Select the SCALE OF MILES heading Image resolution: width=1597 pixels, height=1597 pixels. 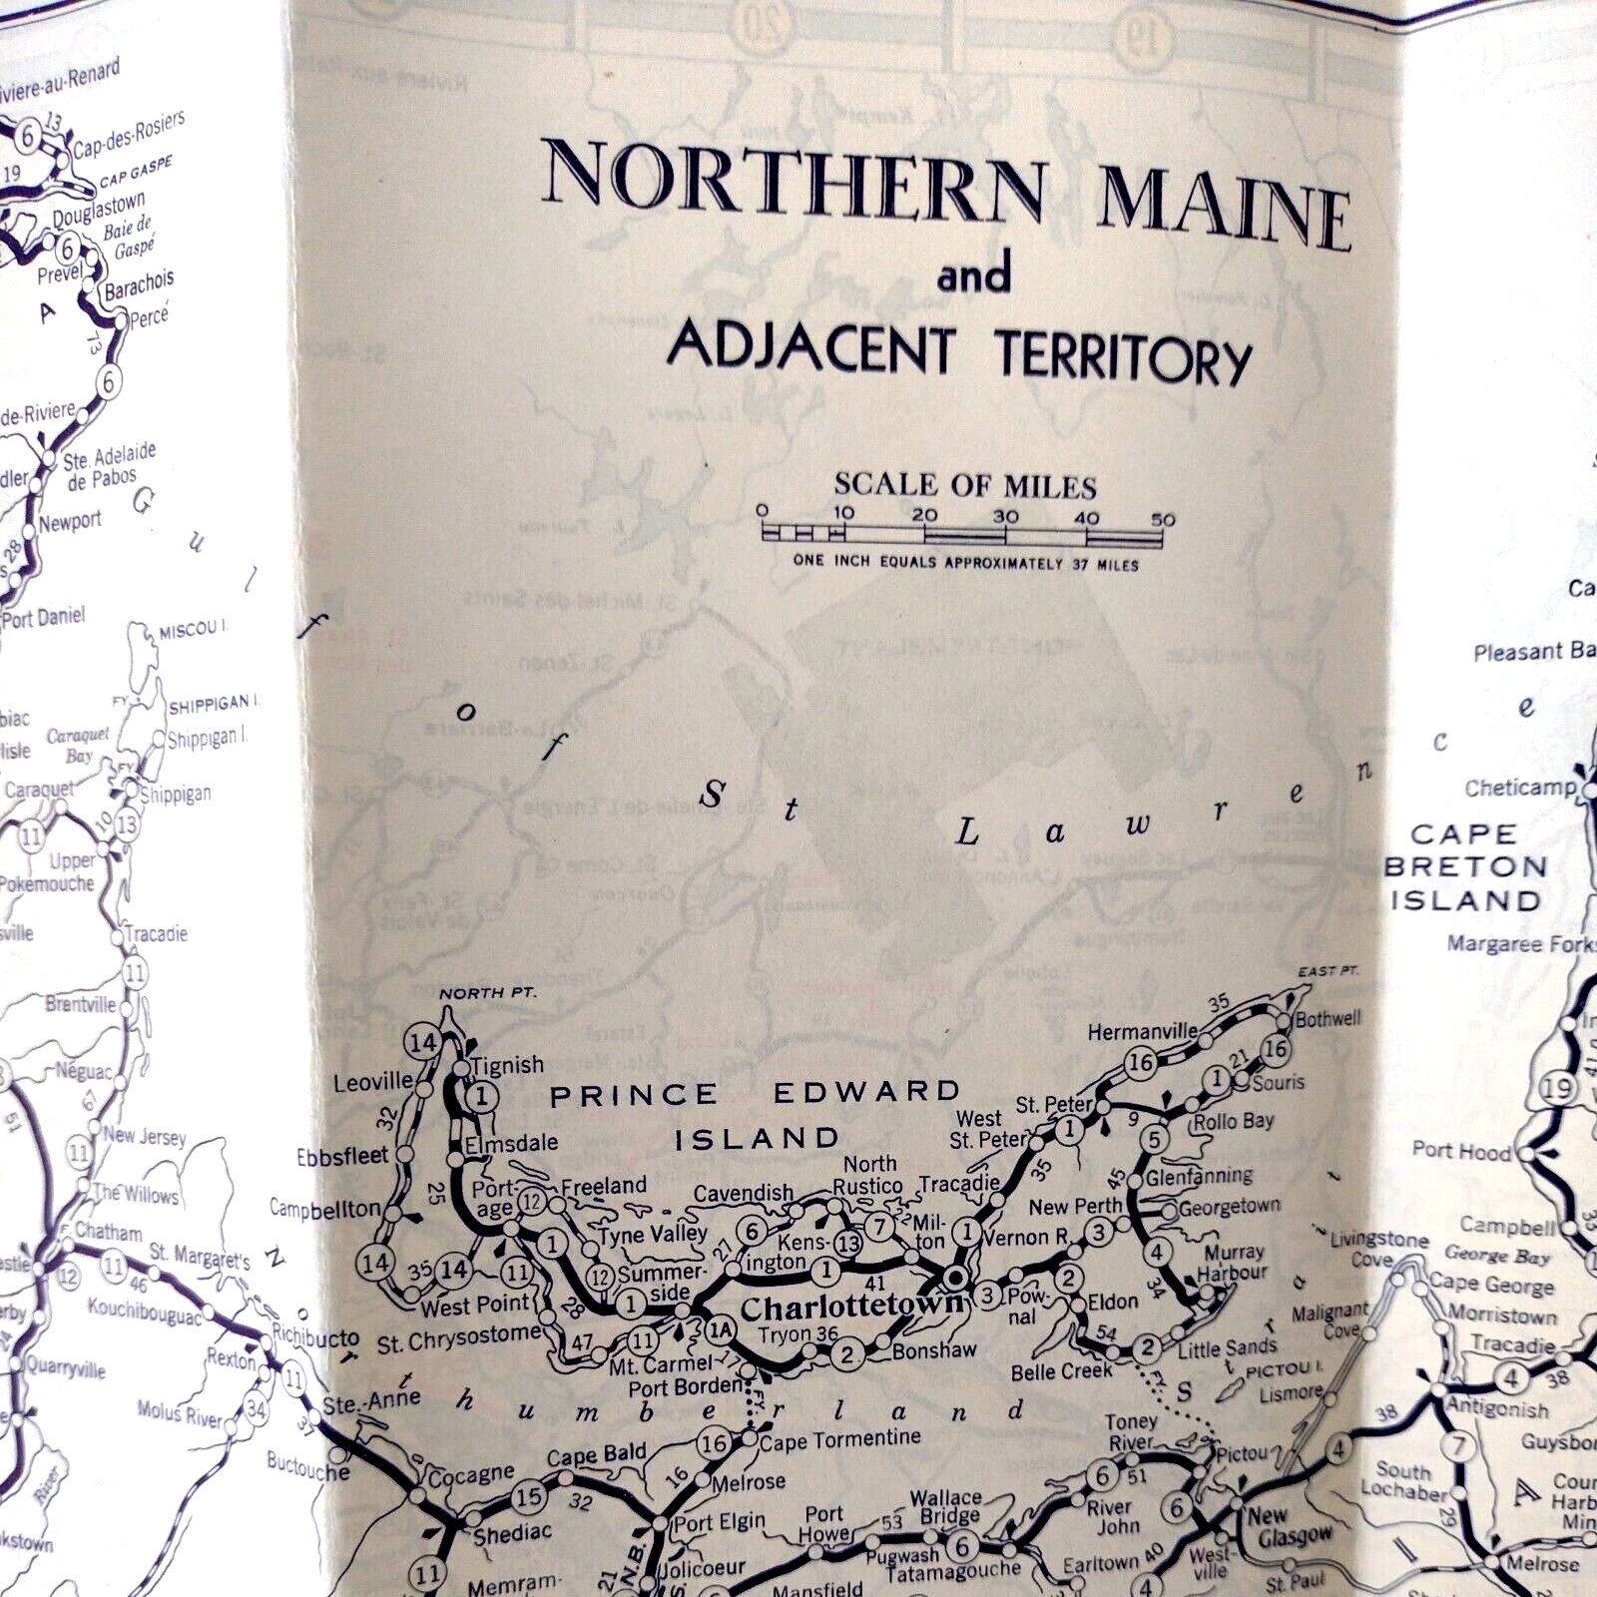point(965,486)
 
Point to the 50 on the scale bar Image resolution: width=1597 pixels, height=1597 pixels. point(1162,519)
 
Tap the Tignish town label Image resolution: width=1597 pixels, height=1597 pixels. point(508,1065)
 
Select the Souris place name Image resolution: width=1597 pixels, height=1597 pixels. point(1279,1082)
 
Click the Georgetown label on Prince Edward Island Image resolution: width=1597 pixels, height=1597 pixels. point(1229,1208)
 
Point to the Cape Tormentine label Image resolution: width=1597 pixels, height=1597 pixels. point(839,1439)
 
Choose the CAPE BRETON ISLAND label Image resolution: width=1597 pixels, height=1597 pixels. point(1465,867)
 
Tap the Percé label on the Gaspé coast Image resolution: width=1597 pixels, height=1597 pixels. point(149,318)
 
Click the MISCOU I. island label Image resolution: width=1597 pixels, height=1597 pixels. point(193,630)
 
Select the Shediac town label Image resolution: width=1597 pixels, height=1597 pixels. point(512,1534)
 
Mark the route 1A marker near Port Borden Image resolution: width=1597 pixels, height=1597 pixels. point(720,1329)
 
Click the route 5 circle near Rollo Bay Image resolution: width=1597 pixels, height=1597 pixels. point(1154,1139)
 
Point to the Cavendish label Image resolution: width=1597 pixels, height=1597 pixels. point(743,1193)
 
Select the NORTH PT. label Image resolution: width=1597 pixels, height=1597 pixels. point(487,993)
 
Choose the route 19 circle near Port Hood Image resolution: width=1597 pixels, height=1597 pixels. point(1558,1088)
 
